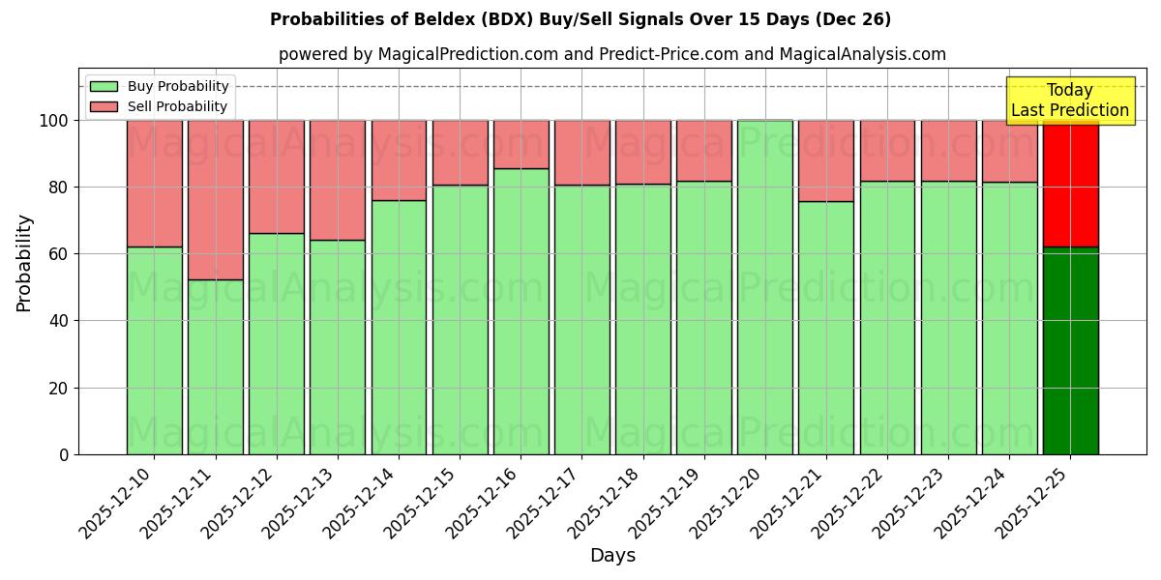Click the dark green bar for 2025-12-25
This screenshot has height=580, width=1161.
(x=1070, y=350)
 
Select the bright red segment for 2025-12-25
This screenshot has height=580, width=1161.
(x=1070, y=184)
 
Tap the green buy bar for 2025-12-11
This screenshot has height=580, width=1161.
(x=215, y=366)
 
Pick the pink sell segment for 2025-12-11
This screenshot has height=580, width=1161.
(x=215, y=200)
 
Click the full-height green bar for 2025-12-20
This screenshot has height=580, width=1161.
(x=764, y=287)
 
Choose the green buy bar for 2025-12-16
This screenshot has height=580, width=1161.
(x=521, y=311)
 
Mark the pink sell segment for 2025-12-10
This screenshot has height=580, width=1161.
(x=154, y=184)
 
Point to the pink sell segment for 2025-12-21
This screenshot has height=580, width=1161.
(x=825, y=160)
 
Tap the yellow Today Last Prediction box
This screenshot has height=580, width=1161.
(x=1069, y=101)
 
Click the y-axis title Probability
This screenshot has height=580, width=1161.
(x=24, y=263)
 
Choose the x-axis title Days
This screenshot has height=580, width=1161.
(x=612, y=556)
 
